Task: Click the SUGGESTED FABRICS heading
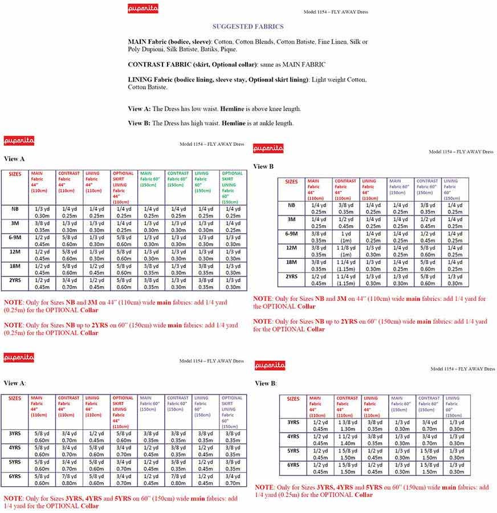point(248,26)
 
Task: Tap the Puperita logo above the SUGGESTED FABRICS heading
point(143,9)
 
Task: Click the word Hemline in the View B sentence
point(233,123)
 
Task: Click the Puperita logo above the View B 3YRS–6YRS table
point(270,365)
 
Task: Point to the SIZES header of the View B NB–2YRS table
point(291,182)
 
